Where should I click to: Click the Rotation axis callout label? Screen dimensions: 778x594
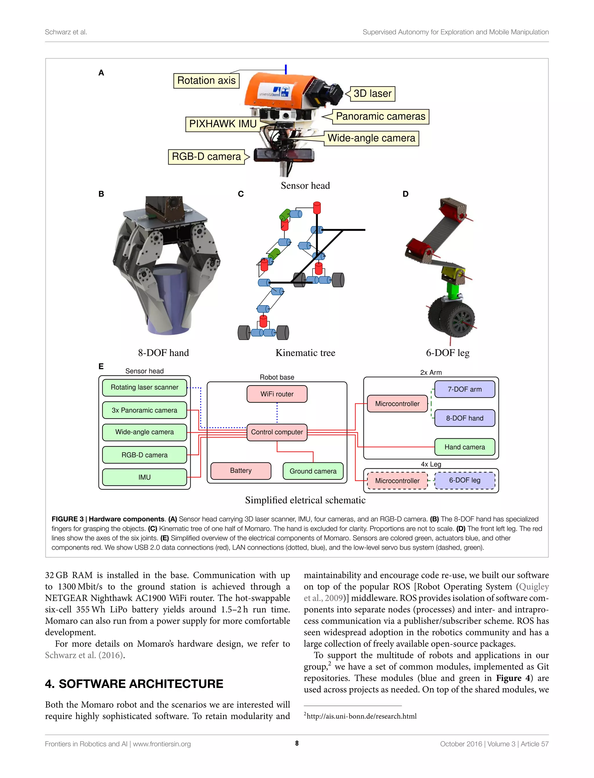tap(206, 81)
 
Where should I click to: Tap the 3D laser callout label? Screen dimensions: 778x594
tap(372, 94)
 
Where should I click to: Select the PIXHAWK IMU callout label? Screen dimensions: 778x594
tap(223, 124)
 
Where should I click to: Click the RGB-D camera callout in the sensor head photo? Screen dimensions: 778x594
tap(206, 157)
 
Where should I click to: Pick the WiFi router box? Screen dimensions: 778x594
tap(277, 394)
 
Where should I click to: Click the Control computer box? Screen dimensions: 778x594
tap(277, 432)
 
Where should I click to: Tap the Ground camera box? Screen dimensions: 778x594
tap(313, 471)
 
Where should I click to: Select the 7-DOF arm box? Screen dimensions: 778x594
tap(465, 389)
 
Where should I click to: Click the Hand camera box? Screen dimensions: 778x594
tap(465, 447)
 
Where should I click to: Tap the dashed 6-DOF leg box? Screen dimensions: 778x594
tap(465, 480)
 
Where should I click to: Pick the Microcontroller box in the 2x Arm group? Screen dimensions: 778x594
tap(397, 404)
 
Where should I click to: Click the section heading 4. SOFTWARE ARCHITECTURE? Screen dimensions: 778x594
tap(134, 684)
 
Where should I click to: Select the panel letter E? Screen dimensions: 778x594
tap(101, 366)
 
